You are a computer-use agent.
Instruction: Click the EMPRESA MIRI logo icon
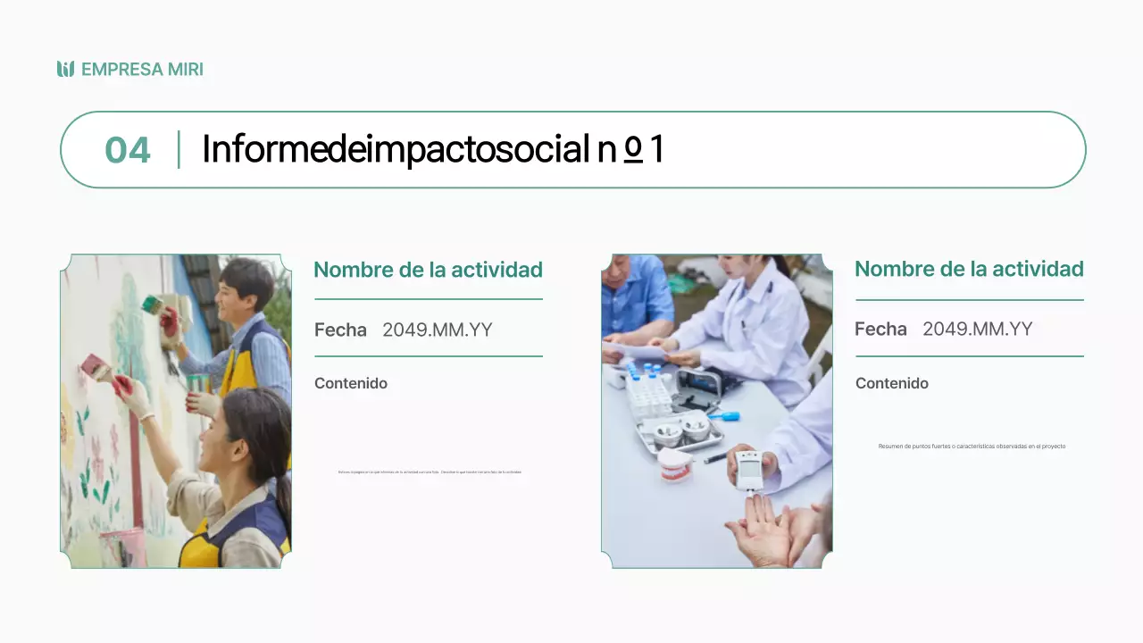pos(65,69)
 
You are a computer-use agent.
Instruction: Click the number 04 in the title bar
pos(128,150)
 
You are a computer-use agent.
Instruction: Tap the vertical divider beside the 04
pos(179,149)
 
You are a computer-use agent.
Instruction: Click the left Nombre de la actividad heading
pos(428,270)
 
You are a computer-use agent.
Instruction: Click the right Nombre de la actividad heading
pos(969,269)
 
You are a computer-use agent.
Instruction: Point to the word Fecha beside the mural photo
pos(340,330)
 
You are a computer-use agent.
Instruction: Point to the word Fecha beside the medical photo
pos(880,329)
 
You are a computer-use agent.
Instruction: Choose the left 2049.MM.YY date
pos(437,330)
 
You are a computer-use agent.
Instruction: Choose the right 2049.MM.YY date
pos(977,329)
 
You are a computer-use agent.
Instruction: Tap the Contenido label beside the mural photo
pos(351,383)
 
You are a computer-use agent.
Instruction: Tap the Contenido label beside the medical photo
pos(892,383)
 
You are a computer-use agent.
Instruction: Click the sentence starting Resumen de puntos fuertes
pos(972,447)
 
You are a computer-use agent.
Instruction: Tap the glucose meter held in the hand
pos(749,469)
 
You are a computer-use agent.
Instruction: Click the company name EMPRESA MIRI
pos(142,70)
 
